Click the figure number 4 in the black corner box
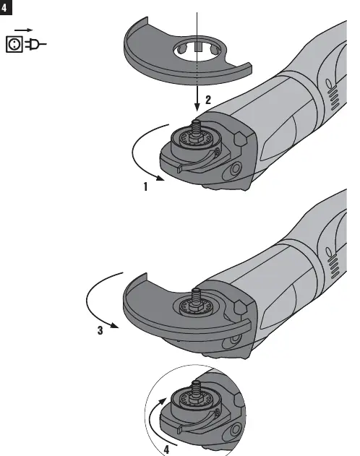pyautogui.click(x=4, y=7)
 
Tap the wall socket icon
pyautogui.click(x=14, y=44)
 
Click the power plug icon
pyautogui.click(x=35, y=45)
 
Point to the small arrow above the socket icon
pyautogui.click(x=24, y=30)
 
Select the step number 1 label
pyautogui.click(x=145, y=186)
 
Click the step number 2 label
pyautogui.click(x=208, y=100)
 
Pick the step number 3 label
pyautogui.click(x=100, y=330)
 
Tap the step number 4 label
pyautogui.click(x=166, y=449)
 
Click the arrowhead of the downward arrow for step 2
pyautogui.click(x=197, y=107)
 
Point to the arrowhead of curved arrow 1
pyautogui.click(x=160, y=178)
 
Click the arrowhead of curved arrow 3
pyautogui.click(x=114, y=325)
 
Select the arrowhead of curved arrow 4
pyautogui.click(x=162, y=402)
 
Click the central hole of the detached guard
pyautogui.click(x=198, y=52)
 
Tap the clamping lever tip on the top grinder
pyautogui.click(x=180, y=168)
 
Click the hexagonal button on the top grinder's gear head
pyautogui.click(x=239, y=139)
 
